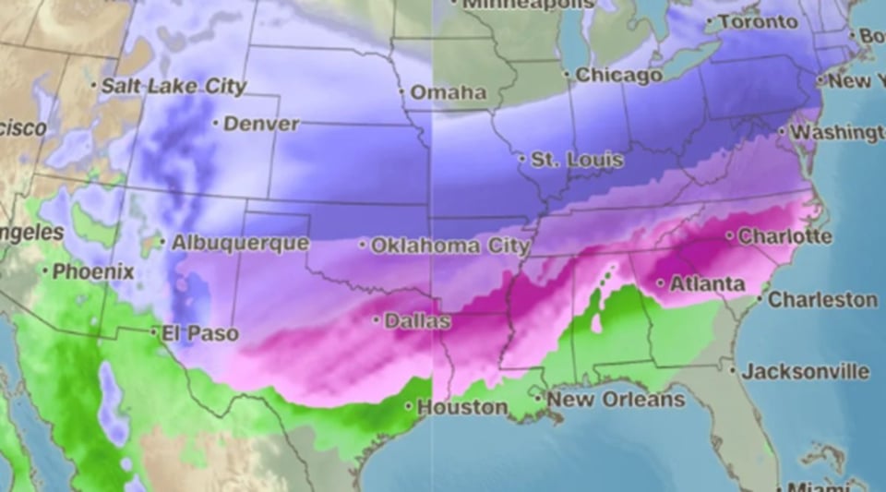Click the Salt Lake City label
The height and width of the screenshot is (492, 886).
point(174,87)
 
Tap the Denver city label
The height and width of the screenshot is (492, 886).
point(261,124)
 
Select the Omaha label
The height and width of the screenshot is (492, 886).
point(448,92)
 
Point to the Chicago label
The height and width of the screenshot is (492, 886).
point(618,75)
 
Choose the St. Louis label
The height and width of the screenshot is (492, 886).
point(577,160)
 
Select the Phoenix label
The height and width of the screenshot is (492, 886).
point(93,272)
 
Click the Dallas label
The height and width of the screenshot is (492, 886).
point(418,322)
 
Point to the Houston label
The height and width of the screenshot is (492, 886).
point(462,407)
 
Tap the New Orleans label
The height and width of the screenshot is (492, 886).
point(616,400)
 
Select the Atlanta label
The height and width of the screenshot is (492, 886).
point(707,284)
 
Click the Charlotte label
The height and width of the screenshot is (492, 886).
point(784,236)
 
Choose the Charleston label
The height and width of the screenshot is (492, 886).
point(823,300)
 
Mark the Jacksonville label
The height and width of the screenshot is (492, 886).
point(806,372)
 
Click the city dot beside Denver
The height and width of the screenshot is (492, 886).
point(215,123)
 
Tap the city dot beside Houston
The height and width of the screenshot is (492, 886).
point(409,406)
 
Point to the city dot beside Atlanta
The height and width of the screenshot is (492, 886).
point(661,283)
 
